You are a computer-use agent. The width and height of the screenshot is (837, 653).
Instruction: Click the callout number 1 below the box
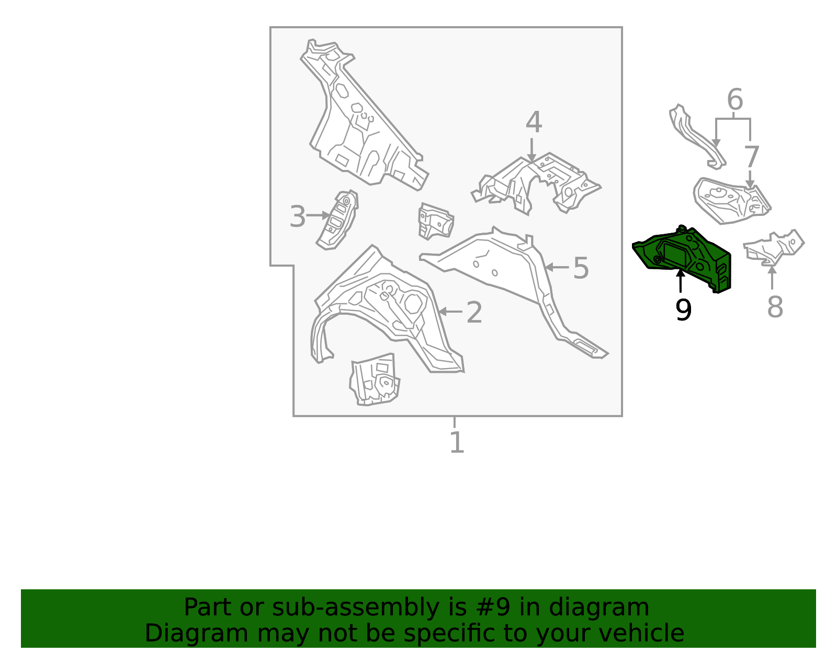(457, 442)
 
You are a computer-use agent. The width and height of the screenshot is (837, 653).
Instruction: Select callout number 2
(474, 313)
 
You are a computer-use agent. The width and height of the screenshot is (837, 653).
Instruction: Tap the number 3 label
(297, 216)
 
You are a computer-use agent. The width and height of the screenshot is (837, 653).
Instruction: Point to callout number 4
(534, 122)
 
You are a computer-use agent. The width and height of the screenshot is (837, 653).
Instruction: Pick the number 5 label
(581, 268)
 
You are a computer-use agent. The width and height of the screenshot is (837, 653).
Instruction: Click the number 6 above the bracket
(735, 99)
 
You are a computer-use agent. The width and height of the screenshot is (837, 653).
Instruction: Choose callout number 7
(751, 157)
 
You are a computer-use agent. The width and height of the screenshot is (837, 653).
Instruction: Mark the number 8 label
(775, 307)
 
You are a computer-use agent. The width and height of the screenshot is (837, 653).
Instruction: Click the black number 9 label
(683, 310)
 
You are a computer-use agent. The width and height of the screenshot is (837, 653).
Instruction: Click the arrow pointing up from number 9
(681, 281)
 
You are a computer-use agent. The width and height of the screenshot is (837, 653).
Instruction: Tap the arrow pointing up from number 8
(772, 278)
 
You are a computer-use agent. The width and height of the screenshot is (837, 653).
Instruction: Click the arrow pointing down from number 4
(531, 150)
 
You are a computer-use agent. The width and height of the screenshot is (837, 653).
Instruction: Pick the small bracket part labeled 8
(774, 248)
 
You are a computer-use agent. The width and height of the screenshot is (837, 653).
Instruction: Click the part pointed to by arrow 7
(732, 200)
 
